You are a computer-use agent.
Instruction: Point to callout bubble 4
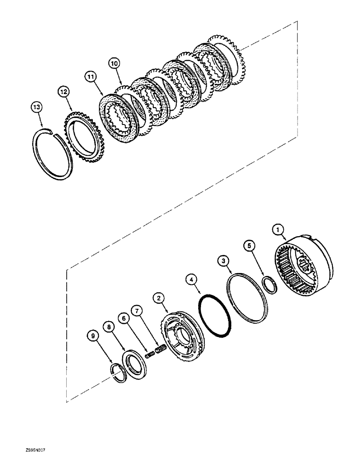[191, 281]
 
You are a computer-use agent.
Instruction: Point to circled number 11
[90, 75]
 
